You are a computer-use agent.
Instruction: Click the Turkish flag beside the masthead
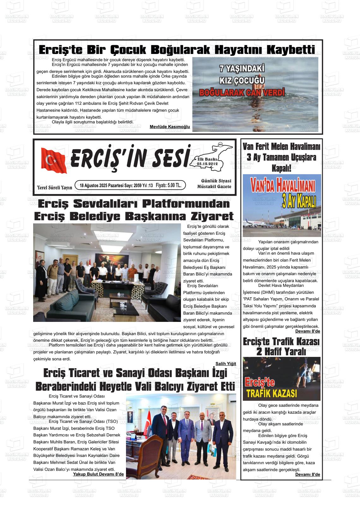click(x=54, y=160)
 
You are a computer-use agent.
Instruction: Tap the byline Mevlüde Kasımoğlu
click(x=170, y=127)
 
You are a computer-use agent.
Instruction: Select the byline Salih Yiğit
click(x=225, y=364)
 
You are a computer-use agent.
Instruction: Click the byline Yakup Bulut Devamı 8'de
click(x=98, y=474)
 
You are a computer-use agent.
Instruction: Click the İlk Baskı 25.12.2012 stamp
click(x=207, y=162)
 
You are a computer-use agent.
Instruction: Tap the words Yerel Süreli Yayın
click(x=54, y=187)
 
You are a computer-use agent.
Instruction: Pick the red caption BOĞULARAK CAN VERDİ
click(x=242, y=93)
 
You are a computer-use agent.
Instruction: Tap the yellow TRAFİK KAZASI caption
click(x=272, y=394)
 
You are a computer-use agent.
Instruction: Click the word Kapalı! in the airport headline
click(x=281, y=168)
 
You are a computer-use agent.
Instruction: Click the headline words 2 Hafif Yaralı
click(x=281, y=352)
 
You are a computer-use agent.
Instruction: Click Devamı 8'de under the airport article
click(x=307, y=331)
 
